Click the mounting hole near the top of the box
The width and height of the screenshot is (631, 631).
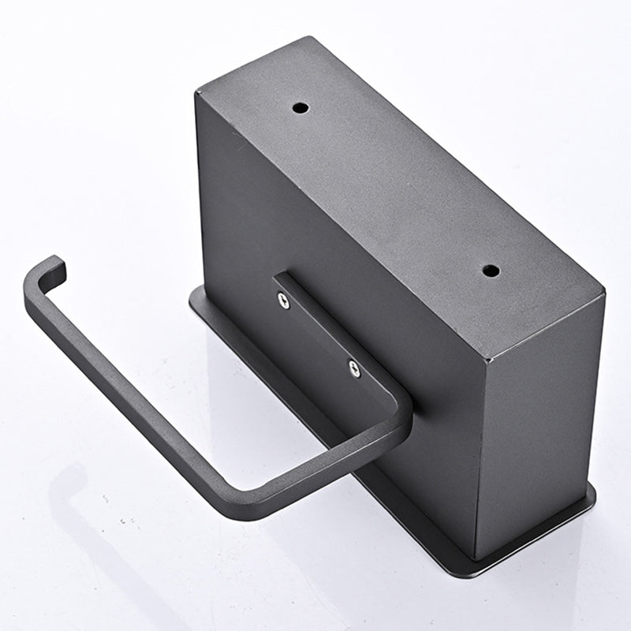coord(301,107)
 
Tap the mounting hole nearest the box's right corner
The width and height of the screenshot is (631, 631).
coord(490,271)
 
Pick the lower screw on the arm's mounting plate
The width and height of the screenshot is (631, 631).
coord(354,368)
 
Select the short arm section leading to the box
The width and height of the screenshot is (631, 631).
coord(339,465)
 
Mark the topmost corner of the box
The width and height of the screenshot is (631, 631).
coord(312,37)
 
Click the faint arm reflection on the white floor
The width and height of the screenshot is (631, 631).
coord(118,536)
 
